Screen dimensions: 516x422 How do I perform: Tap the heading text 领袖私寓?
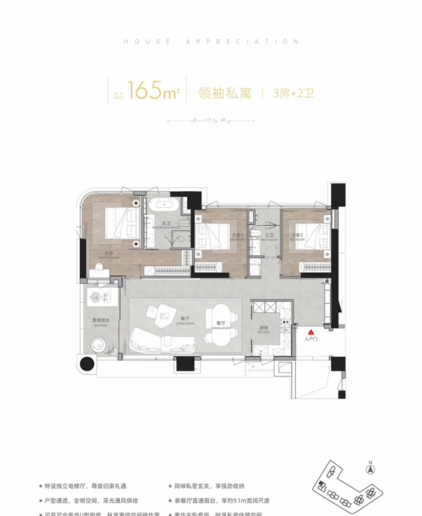pyautogui.click(x=224, y=93)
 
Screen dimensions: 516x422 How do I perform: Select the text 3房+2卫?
pyautogui.click(x=293, y=93)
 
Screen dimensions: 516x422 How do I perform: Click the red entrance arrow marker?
pyautogui.click(x=311, y=332)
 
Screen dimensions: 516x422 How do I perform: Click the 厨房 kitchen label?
pyautogui.click(x=265, y=328)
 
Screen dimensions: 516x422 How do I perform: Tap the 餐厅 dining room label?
pyautogui.click(x=221, y=323)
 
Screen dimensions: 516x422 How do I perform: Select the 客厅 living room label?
pyautogui.click(x=185, y=319)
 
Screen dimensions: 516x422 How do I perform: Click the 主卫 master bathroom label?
pyautogui.click(x=165, y=224)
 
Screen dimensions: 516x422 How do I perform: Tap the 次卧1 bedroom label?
pyautogui.click(x=237, y=235)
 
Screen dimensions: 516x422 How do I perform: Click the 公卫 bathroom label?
pyautogui.click(x=268, y=235)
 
